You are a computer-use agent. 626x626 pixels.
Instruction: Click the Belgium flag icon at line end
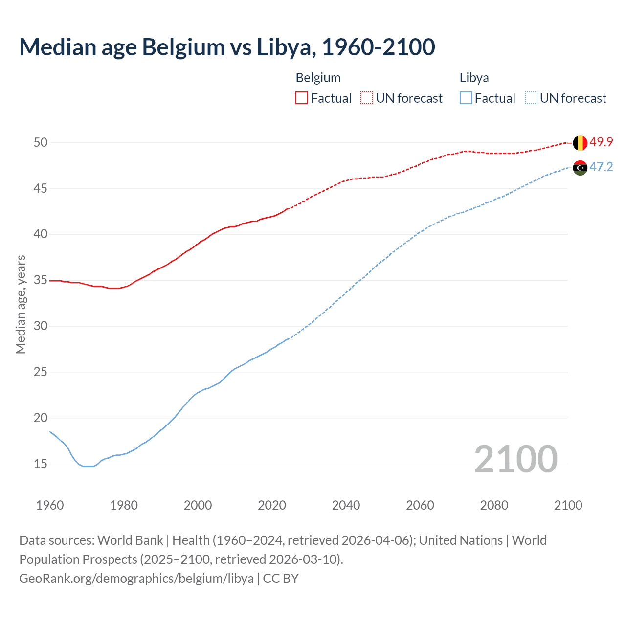pyautogui.click(x=580, y=143)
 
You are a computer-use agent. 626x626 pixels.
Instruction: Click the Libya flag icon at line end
pyautogui.click(x=580, y=168)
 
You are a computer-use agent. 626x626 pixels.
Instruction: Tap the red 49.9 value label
pyautogui.click(x=601, y=142)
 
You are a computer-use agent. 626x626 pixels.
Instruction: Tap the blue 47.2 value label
pyautogui.click(x=601, y=167)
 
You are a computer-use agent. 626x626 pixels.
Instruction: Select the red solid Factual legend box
pyautogui.click(x=302, y=98)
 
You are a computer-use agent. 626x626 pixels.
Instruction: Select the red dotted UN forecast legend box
pyautogui.click(x=367, y=98)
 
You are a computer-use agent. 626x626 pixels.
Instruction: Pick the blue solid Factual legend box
pyautogui.click(x=466, y=98)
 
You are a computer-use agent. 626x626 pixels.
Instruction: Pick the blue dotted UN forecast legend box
pyautogui.click(x=531, y=98)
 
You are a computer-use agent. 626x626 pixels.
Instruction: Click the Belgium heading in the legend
pyautogui.click(x=318, y=78)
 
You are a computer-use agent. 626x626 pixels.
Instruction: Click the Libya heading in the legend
pyautogui.click(x=474, y=78)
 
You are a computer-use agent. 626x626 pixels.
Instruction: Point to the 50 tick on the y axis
pyautogui.click(x=41, y=143)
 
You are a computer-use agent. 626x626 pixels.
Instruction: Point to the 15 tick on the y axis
pyautogui.click(x=41, y=464)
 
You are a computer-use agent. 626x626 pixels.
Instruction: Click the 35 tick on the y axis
pyautogui.click(x=41, y=280)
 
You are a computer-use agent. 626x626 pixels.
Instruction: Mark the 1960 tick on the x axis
pyautogui.click(x=50, y=505)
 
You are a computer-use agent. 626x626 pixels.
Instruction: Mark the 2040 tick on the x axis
pyautogui.click(x=346, y=505)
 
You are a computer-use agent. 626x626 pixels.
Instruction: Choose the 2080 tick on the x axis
pyautogui.click(x=494, y=505)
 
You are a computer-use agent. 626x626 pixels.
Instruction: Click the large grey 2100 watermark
pyautogui.click(x=515, y=459)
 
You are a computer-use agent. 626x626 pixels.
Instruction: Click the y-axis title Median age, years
pyautogui.click(x=21, y=304)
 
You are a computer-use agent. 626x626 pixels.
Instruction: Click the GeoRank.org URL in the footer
pyautogui.click(x=136, y=579)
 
